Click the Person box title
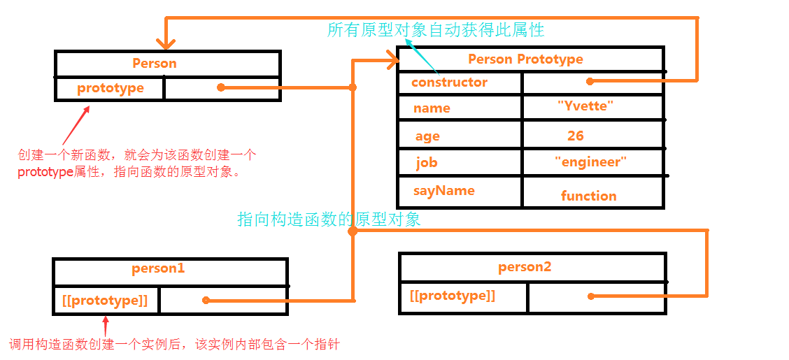pos(155,64)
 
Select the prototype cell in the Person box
pos(111,88)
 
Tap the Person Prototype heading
pos(525,59)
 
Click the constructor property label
pos(449,82)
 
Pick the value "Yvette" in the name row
pos(585,106)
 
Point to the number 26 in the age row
pos(576,136)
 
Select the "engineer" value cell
pos(590,162)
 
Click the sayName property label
pos(443,191)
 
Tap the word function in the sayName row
pos(588,196)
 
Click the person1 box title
pos(158,268)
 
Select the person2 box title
pos(525,267)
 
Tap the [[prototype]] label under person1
pos(105,301)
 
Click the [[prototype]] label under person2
pos(453,296)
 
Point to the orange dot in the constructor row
pos(590,81)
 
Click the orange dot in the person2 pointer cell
pos(591,296)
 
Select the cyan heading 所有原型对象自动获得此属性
pos(435,30)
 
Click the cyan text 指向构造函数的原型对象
pos(329,219)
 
